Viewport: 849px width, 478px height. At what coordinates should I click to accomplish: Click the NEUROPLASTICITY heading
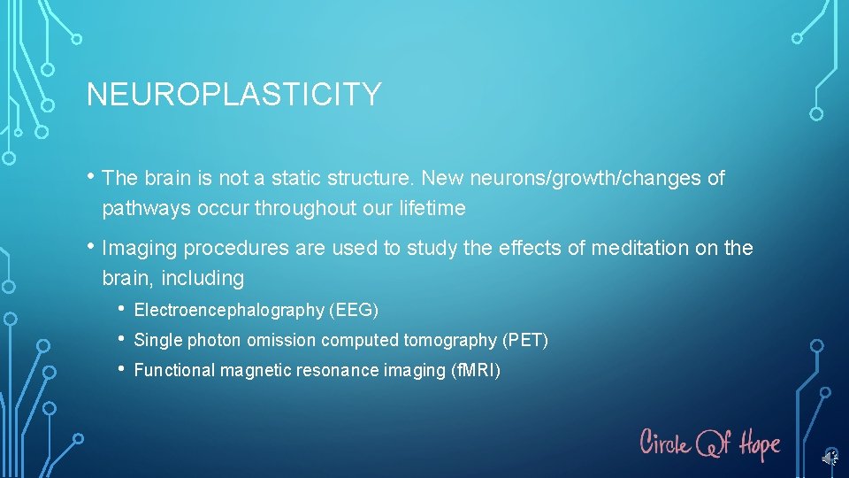233,95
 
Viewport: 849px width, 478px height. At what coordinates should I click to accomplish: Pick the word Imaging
141,248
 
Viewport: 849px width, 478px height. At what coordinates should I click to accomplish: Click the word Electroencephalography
229,311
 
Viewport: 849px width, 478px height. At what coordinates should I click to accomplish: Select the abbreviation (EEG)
354,311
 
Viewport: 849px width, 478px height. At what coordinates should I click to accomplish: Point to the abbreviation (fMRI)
477,371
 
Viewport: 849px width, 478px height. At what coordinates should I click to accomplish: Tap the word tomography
450,341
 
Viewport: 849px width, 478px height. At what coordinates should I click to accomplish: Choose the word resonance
340,371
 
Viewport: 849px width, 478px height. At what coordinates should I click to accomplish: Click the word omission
286,341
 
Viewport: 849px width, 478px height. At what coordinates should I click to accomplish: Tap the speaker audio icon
830,458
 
